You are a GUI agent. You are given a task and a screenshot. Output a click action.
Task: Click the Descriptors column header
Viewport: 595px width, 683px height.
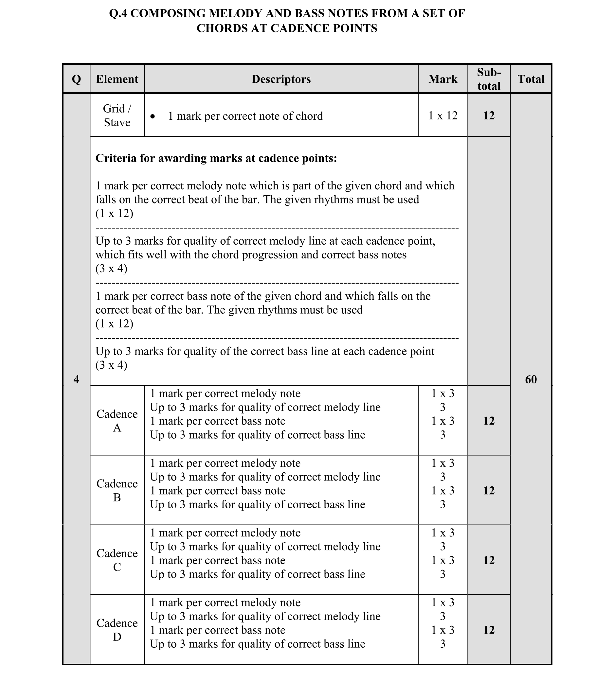point(281,79)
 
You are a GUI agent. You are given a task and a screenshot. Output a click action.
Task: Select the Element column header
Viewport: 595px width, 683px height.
point(117,79)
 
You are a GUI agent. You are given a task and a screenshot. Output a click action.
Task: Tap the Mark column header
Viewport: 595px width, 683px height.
point(442,79)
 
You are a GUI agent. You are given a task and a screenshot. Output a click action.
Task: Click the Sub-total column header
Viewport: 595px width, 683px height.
point(489,79)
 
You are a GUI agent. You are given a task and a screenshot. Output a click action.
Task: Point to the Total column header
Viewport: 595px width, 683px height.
point(531,79)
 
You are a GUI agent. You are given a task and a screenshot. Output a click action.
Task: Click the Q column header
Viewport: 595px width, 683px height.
point(76,79)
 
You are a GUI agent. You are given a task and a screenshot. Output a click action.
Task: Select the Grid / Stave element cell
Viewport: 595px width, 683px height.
point(117,115)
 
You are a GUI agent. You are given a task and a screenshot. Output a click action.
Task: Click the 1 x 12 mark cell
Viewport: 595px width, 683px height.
point(442,115)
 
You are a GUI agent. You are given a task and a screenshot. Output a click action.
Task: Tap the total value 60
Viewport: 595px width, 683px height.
point(531,379)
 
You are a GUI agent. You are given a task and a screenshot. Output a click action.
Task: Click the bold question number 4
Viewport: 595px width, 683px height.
point(76,379)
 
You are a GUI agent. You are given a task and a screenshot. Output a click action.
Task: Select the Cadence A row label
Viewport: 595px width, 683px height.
point(117,421)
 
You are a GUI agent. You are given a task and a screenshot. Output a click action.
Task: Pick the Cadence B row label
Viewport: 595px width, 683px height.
point(117,491)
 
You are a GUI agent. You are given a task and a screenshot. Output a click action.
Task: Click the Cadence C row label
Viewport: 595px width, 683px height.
point(117,560)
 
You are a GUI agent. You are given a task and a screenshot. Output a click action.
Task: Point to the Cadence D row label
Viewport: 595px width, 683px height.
point(117,630)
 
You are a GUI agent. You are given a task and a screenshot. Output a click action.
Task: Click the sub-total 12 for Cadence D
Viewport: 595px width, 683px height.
point(489,630)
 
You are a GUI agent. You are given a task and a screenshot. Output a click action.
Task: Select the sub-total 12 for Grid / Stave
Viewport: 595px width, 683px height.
point(489,115)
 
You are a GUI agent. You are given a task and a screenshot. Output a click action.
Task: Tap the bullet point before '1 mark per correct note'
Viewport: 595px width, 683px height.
point(153,116)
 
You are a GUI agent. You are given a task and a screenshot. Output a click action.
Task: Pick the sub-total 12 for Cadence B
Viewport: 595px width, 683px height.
point(489,491)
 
